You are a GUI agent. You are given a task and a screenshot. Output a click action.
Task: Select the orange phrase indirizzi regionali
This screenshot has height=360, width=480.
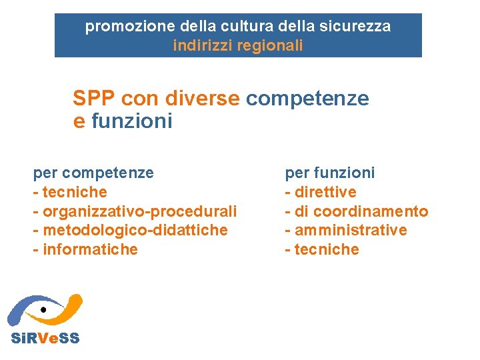tap(237, 45)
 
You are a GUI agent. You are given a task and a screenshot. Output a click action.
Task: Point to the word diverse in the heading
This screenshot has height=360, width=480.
tap(205, 99)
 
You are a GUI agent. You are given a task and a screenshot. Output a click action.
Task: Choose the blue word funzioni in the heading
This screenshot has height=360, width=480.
tap(131, 121)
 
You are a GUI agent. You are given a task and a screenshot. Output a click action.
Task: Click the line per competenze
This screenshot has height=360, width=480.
tap(93, 173)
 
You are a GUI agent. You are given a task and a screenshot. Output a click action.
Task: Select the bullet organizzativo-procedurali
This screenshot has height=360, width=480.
tap(139, 211)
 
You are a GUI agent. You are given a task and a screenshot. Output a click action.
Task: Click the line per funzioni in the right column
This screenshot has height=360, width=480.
tap(330, 173)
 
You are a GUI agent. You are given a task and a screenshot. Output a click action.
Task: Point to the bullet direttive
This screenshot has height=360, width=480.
tap(325, 192)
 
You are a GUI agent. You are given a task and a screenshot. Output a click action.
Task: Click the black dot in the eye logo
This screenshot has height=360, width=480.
tap(43, 310)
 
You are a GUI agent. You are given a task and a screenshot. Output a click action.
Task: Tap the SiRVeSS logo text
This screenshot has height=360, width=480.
tap(45, 338)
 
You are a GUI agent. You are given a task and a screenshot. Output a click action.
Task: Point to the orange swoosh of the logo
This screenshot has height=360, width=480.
tap(67, 305)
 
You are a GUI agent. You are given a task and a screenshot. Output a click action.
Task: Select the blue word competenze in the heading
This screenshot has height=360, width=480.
tap(307, 99)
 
